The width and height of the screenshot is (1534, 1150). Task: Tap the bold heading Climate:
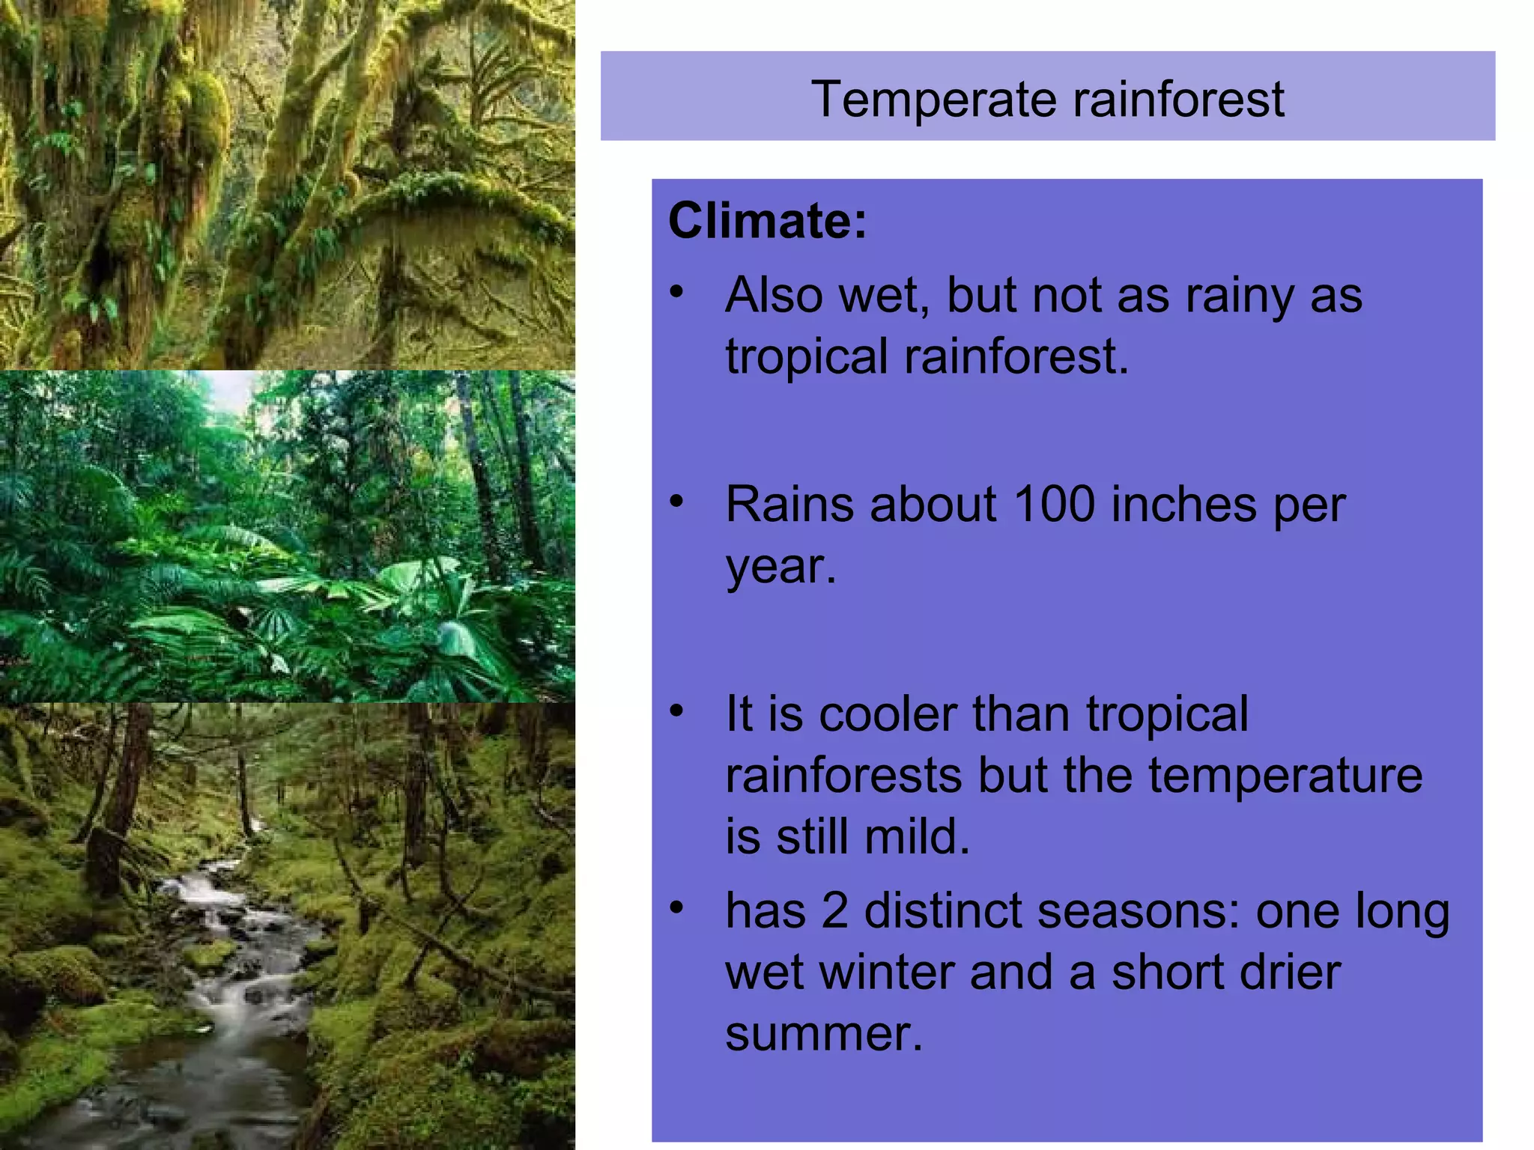pos(767,221)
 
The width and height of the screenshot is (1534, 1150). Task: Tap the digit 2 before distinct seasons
pos(834,911)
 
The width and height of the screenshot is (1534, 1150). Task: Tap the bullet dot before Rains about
pos(677,501)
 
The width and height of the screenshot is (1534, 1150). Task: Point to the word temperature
pos(1285,776)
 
